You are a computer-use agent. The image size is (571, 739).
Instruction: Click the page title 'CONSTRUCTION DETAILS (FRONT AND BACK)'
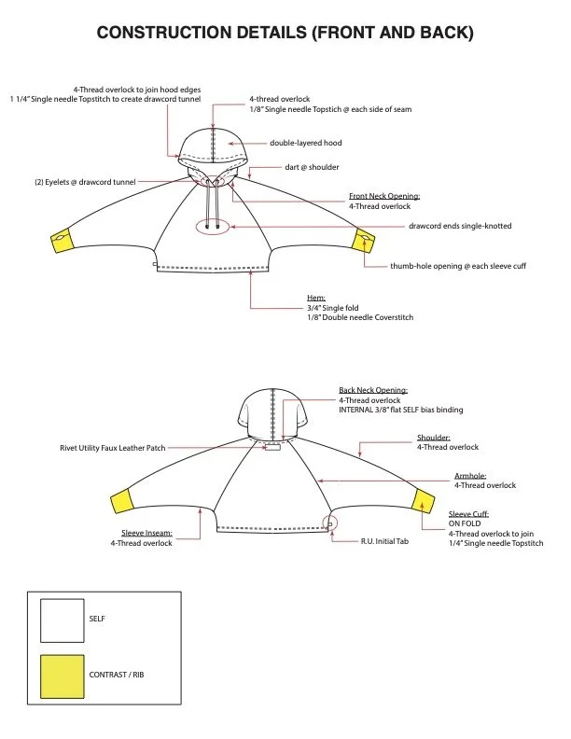click(285, 34)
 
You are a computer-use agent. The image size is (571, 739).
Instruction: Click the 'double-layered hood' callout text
click(303, 144)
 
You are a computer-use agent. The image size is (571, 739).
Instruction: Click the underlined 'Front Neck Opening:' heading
click(384, 196)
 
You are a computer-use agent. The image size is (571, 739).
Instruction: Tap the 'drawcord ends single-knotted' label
click(459, 226)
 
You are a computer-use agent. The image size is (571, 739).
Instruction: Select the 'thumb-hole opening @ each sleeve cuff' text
click(458, 266)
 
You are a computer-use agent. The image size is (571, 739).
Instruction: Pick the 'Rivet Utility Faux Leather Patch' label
click(113, 449)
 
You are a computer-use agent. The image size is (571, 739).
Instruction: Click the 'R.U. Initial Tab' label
click(384, 541)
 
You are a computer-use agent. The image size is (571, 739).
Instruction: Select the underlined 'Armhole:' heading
click(470, 475)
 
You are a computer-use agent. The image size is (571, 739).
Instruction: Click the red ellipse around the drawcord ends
click(214, 227)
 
